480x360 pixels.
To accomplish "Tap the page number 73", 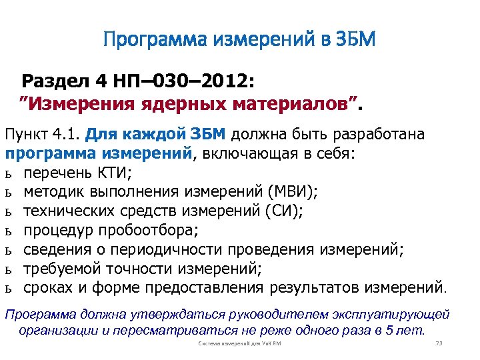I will [x=439, y=343].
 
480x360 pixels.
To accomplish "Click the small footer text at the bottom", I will [x=240, y=343].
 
